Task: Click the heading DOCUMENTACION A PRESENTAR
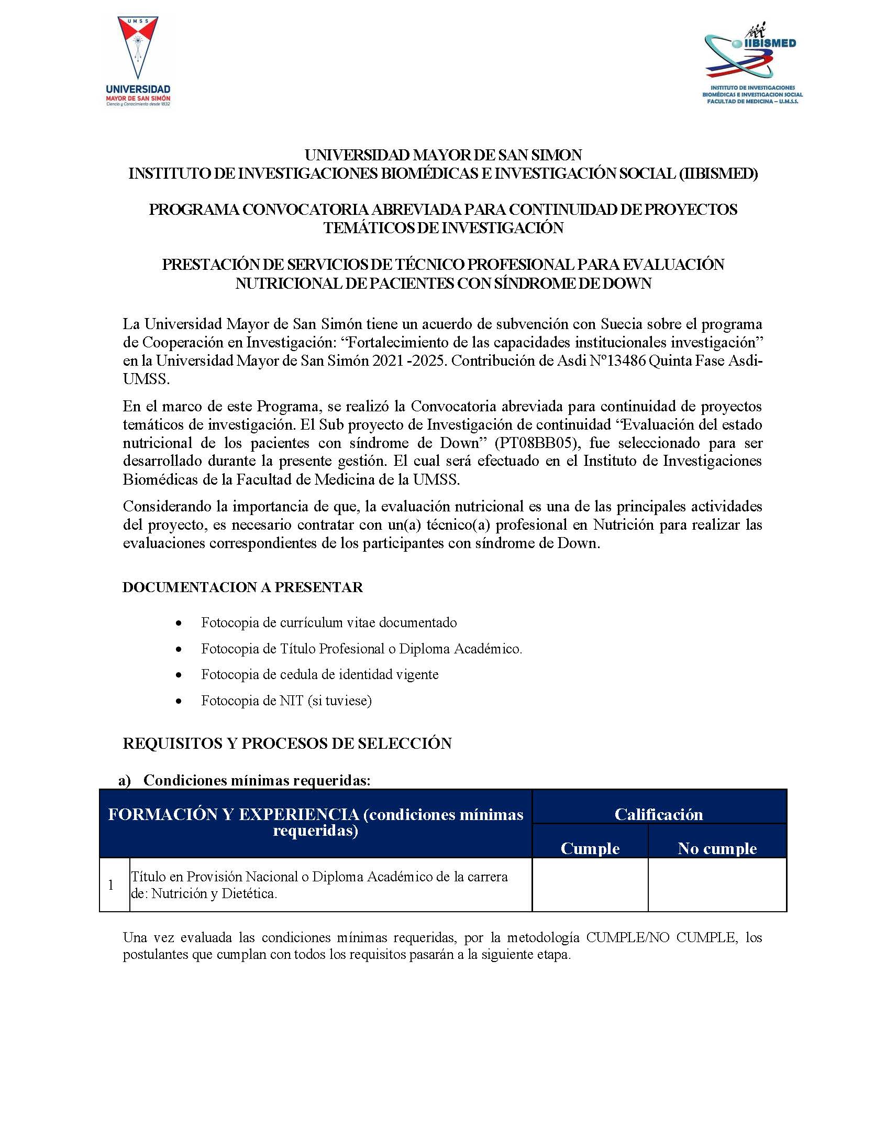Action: [242, 587]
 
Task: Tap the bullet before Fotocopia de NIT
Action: [180, 701]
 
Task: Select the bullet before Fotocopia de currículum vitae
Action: [180, 624]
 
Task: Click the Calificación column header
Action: [658, 814]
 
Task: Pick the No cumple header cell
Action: [716, 848]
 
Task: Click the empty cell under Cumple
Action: [590, 885]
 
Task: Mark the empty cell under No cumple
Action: [716, 885]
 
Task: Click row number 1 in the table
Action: [111, 885]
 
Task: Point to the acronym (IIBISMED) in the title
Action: [717, 173]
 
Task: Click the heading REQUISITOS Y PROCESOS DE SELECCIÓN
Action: [287, 744]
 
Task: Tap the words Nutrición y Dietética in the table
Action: [214, 893]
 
